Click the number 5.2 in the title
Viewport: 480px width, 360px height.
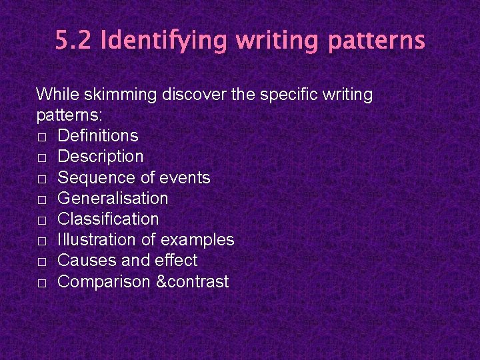73,41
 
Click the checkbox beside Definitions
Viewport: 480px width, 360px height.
41,137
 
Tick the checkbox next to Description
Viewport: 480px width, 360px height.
41,157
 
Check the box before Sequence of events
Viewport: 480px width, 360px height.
41,179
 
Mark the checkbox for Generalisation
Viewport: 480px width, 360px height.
41,199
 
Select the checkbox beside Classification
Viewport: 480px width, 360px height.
41,220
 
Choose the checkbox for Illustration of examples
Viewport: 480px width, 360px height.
41,241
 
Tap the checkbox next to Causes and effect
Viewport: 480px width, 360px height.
41,261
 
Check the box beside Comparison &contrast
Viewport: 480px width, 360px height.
41,283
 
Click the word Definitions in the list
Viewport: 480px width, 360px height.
98,136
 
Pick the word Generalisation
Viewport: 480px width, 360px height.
113,199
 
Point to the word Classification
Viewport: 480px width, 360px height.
108,219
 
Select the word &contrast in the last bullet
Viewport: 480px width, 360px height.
193,282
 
